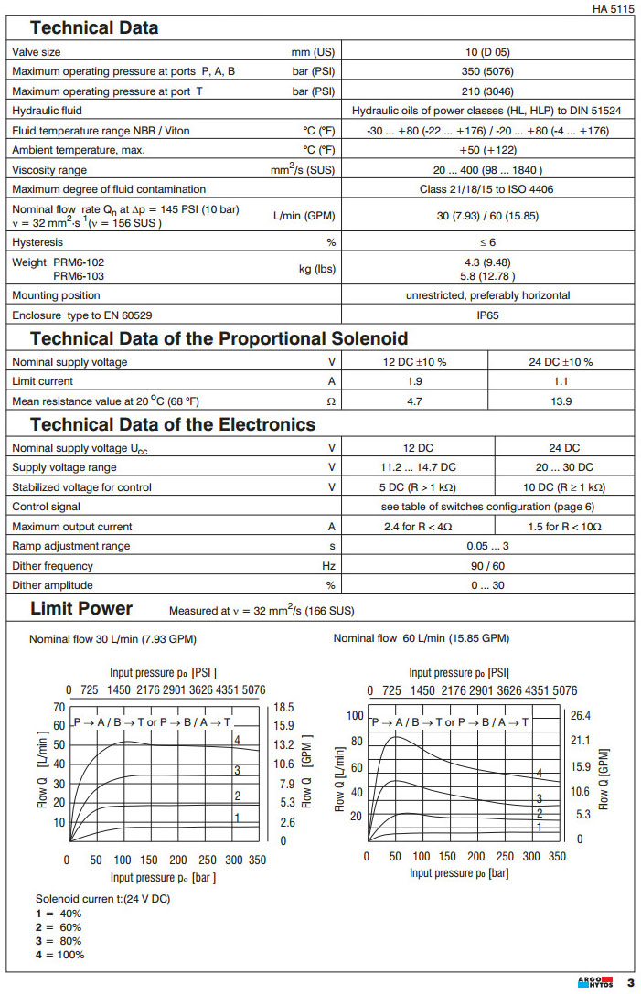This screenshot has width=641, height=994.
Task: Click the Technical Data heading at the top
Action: (x=94, y=27)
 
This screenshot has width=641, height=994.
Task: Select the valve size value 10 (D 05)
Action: (x=486, y=52)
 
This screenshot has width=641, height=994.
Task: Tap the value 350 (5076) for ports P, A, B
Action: (x=486, y=70)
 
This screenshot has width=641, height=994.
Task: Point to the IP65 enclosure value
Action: (x=486, y=315)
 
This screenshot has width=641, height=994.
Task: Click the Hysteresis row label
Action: (x=38, y=242)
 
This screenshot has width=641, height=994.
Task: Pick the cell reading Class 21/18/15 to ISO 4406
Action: (x=486, y=189)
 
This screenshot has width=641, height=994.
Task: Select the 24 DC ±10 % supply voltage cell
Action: (x=562, y=361)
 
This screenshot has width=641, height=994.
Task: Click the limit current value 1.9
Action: (x=415, y=381)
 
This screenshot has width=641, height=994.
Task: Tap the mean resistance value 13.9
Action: (x=562, y=401)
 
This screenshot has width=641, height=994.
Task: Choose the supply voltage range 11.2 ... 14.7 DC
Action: (x=418, y=467)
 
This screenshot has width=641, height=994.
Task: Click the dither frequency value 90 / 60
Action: (x=486, y=566)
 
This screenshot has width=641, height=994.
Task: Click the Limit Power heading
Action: (x=81, y=608)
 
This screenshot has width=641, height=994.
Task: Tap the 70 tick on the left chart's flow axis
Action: (x=59, y=707)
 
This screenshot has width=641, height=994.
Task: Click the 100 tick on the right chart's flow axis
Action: (x=356, y=715)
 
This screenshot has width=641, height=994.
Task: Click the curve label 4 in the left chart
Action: (x=237, y=739)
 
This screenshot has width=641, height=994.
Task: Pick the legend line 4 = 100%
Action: (x=59, y=955)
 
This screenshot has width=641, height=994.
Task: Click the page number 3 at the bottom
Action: (x=629, y=983)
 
